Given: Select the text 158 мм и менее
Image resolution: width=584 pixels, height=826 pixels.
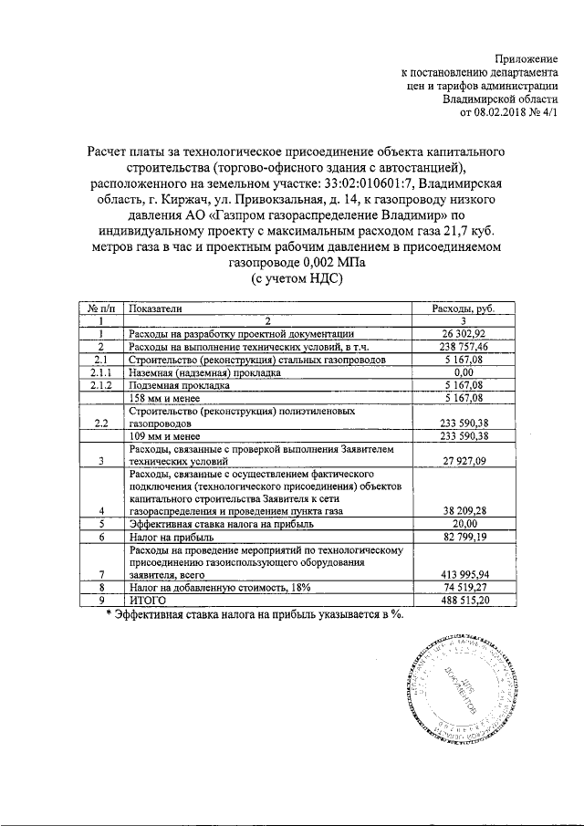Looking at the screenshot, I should tap(169, 399).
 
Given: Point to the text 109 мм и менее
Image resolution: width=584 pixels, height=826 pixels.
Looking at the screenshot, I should tap(169, 436).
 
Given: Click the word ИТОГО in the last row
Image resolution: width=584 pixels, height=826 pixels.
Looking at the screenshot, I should tap(148, 601).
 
